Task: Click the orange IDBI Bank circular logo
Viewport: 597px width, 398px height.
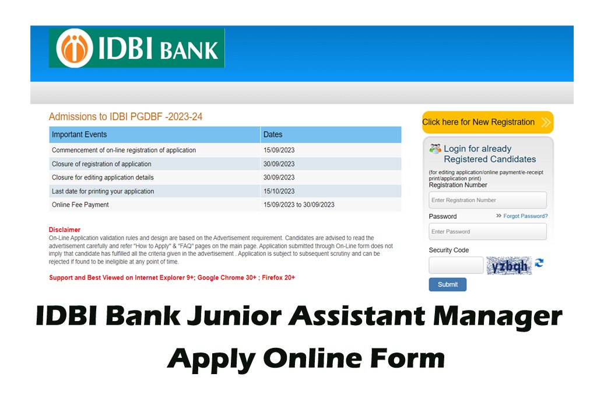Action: coord(75,48)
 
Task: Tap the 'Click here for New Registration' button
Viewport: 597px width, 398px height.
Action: coord(488,122)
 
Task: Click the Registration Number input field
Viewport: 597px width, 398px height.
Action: coord(488,200)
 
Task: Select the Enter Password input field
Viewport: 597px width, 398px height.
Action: coord(488,231)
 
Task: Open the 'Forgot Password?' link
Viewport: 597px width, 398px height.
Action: coord(525,216)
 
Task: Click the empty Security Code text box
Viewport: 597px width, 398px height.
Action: coord(456,265)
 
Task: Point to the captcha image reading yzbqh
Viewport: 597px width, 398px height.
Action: coord(509,266)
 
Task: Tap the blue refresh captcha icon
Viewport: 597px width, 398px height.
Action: coord(539,263)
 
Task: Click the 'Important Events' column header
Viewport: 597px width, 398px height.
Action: coord(79,134)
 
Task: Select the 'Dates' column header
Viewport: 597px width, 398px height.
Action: coord(273,134)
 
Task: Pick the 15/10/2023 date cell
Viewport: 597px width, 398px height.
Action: coord(279,191)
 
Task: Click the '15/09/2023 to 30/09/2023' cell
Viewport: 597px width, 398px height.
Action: coord(299,205)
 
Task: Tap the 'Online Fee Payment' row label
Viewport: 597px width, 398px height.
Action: coord(80,205)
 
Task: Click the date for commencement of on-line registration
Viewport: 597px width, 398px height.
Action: coord(279,150)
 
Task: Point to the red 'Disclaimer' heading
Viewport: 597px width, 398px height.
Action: coord(64,230)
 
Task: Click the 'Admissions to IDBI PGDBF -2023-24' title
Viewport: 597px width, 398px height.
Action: coord(126,117)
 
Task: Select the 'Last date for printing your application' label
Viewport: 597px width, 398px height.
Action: coord(103,191)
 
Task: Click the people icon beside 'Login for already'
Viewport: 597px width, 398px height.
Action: coord(435,149)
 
